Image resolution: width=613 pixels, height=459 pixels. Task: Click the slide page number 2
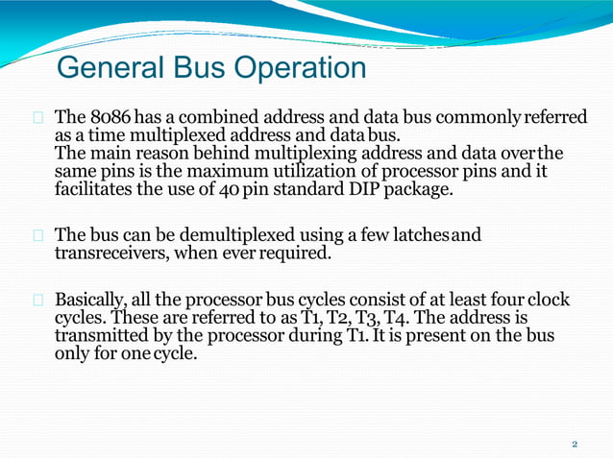[575, 445]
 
